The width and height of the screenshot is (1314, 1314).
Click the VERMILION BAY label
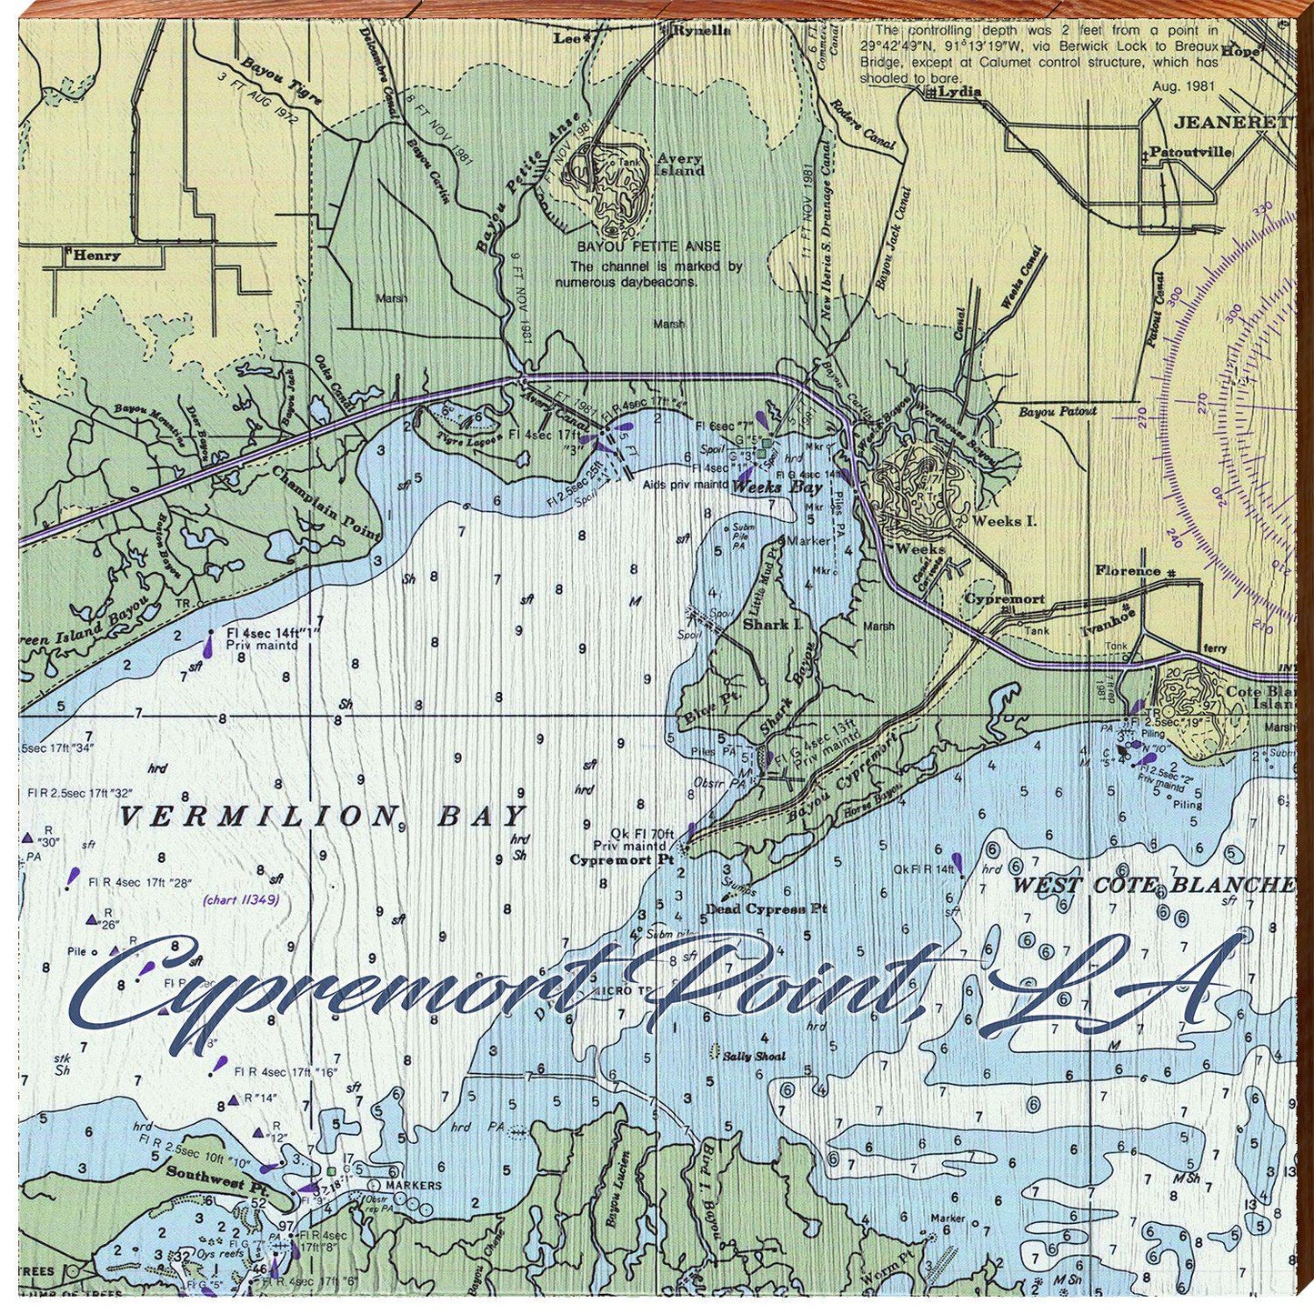[x=323, y=816]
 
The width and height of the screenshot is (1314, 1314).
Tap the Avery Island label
[x=680, y=165]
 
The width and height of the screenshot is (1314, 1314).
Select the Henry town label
[x=96, y=256]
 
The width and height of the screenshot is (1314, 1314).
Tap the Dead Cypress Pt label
[x=767, y=908]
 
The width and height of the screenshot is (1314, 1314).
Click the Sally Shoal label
[x=754, y=1057]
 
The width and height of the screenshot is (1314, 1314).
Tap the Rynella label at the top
[x=701, y=30]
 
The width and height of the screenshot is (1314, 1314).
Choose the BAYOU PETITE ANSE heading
[x=648, y=246]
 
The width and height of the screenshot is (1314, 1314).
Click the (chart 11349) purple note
[x=240, y=900]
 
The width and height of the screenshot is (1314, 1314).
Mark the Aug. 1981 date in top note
[x=1183, y=85]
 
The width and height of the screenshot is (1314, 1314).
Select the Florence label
[x=1128, y=571]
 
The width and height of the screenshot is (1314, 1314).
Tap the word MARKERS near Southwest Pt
[x=413, y=1185]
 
